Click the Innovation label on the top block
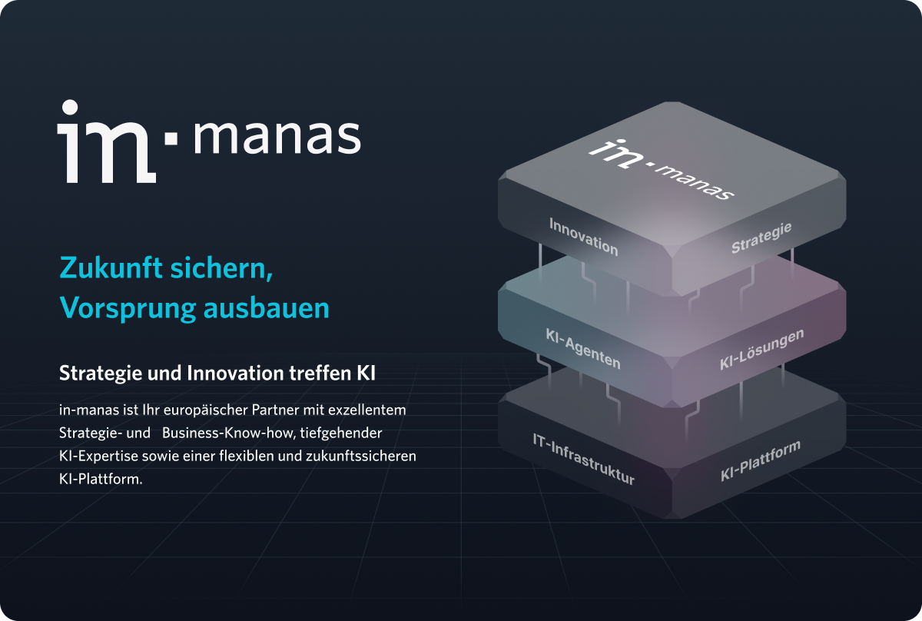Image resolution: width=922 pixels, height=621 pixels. [x=583, y=236]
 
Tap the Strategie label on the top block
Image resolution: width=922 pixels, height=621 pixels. [x=761, y=237]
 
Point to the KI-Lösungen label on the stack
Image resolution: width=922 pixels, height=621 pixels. [x=761, y=349]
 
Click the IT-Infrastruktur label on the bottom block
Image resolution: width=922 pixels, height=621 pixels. [x=583, y=459]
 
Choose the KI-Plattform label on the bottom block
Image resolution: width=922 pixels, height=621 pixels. [x=760, y=461]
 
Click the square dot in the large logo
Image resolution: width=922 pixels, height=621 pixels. [x=171, y=138]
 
